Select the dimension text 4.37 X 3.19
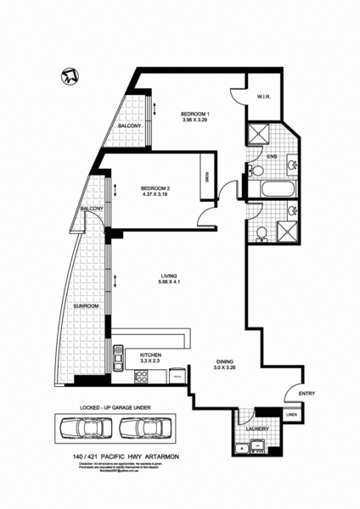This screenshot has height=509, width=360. pos(156,195)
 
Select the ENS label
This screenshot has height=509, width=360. pos(272,156)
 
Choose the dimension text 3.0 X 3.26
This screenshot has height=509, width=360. pos(225,368)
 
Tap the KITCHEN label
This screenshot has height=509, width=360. pos(151,355)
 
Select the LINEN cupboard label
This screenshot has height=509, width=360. pos(291,416)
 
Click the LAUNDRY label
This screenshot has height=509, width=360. pos(258,430)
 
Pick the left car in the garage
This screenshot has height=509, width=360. pos(84,428)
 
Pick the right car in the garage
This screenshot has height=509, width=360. pos(147,428)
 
